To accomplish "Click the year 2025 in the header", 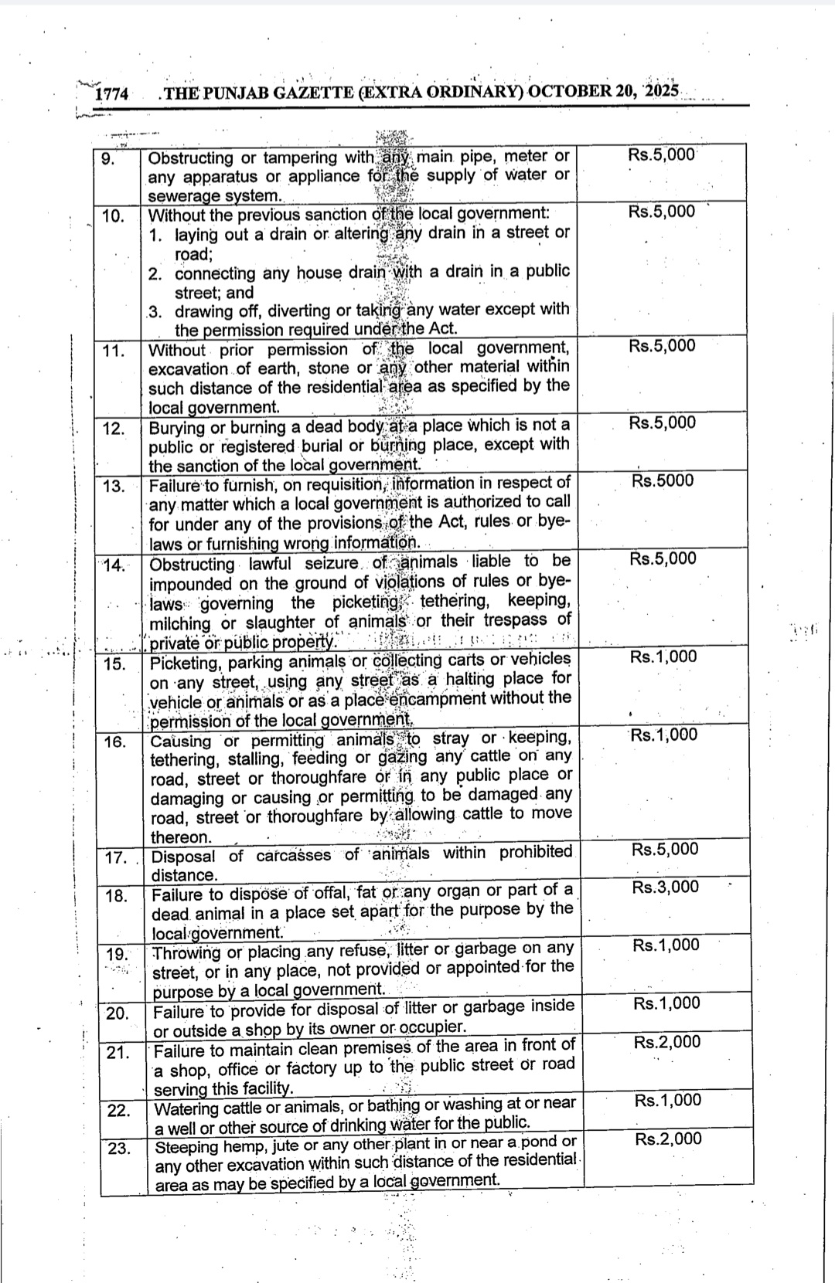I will tap(661, 90).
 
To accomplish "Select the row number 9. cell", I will tap(108, 160).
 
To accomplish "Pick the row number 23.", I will tap(119, 1148).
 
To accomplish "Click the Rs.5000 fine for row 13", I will tap(663, 480).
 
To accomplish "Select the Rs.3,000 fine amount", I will tap(665, 887).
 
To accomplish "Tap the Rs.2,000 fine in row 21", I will tap(667, 1042).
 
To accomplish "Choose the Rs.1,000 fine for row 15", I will tap(663, 657).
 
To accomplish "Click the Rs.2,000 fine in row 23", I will tap(668, 1139).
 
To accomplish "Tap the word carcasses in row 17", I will tap(293, 855).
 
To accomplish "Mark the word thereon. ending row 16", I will tap(181, 837).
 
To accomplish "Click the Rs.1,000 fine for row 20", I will tap(666, 1003).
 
